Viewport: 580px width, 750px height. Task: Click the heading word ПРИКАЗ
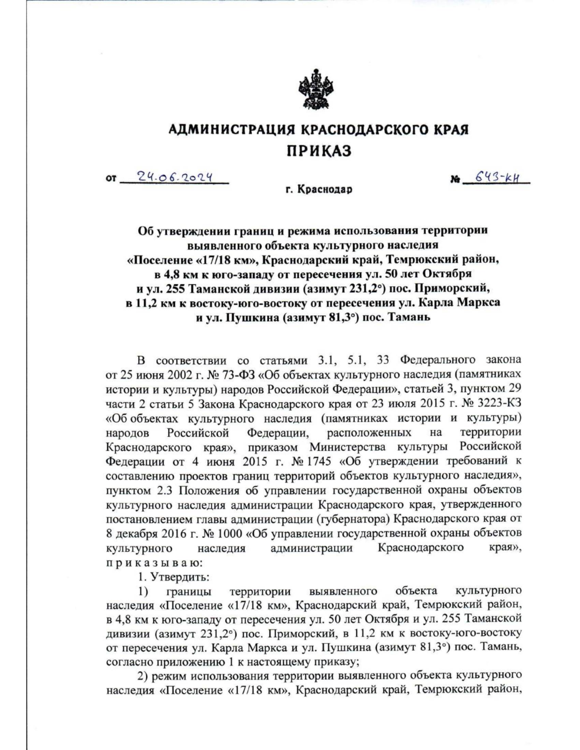click(319, 151)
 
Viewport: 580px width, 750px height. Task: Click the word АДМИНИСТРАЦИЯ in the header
click(232, 129)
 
